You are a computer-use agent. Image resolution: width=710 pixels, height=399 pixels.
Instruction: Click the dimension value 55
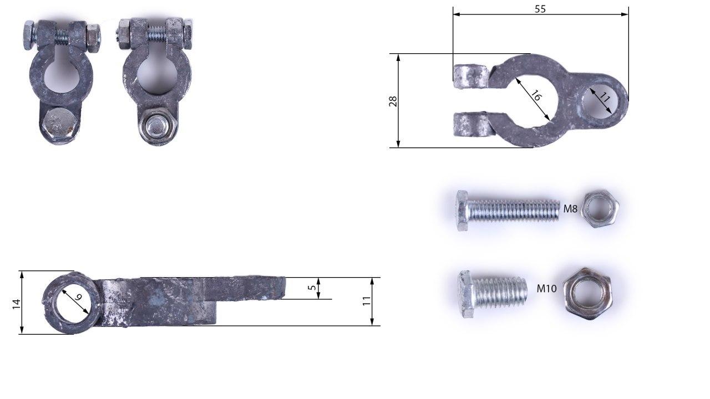[x=540, y=9]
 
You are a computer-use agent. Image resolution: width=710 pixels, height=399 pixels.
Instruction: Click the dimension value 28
[x=393, y=101]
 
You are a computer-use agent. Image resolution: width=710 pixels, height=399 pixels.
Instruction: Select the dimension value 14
[x=16, y=304]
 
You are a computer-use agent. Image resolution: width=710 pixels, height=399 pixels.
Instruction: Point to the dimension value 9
[x=78, y=297]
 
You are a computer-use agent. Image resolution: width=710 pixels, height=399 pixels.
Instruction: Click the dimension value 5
[x=312, y=288]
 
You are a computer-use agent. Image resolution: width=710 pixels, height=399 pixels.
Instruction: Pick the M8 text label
[x=570, y=209]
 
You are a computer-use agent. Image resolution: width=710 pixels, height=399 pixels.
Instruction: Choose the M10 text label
[x=546, y=289]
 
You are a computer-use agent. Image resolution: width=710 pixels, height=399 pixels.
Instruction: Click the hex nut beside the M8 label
[x=600, y=209]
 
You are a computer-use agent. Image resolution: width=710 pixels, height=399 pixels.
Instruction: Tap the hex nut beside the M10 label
[x=589, y=294]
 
